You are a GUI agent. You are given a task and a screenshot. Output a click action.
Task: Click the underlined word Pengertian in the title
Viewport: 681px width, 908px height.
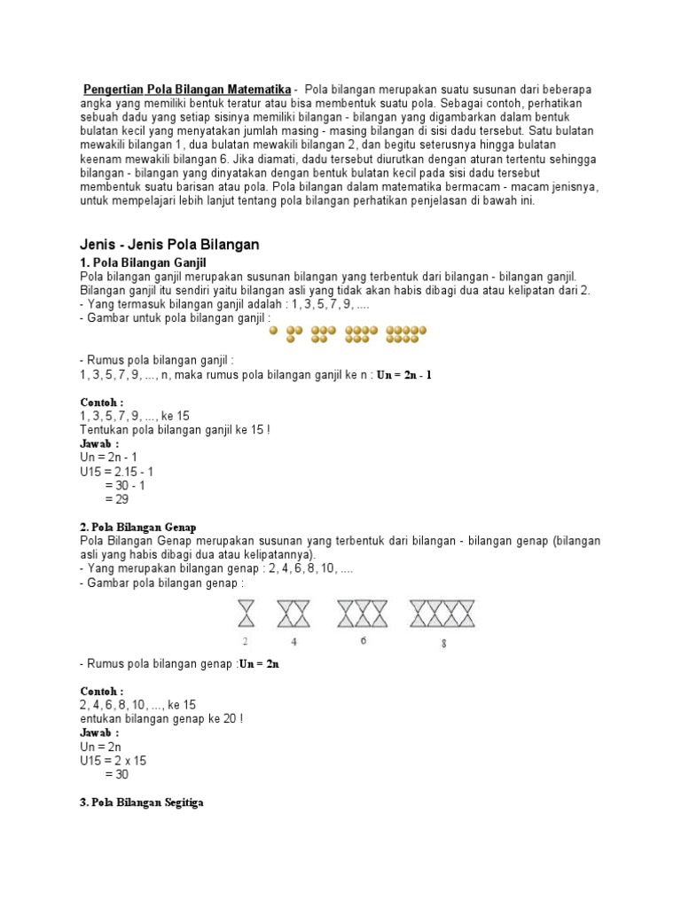pos(113,90)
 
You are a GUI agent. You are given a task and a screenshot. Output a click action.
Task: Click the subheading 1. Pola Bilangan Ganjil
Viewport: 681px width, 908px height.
pos(143,262)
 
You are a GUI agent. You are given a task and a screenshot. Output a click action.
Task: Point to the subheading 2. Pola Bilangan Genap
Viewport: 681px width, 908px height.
pos(137,527)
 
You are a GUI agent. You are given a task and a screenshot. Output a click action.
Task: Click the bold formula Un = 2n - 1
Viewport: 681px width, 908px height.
pos(404,375)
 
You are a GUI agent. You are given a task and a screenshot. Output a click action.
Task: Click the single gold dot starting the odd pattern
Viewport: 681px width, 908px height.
pos(274,333)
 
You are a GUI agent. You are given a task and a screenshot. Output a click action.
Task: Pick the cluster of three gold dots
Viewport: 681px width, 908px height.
pos(295,333)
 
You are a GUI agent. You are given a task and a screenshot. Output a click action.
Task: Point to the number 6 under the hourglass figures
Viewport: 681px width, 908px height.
pos(364,640)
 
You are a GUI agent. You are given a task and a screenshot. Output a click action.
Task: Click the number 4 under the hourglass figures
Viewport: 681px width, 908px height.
pos(294,642)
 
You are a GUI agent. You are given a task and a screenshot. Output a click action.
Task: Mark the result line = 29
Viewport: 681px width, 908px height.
pos(118,500)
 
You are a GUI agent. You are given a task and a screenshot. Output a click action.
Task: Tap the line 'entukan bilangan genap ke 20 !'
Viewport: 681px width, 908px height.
pos(160,718)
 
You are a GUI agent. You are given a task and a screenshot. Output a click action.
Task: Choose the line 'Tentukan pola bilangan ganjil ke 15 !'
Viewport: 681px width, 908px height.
pos(175,429)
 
